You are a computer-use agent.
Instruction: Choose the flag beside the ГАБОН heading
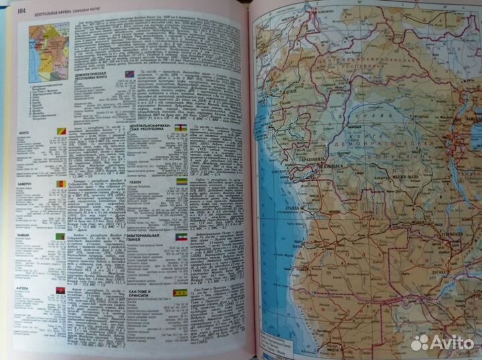(x=180, y=182)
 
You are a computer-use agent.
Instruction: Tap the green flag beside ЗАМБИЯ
(x=60, y=237)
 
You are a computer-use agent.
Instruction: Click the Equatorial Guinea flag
(x=181, y=238)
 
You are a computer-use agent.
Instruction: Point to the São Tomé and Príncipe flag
(x=180, y=292)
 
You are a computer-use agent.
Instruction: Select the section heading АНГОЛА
(x=35, y=290)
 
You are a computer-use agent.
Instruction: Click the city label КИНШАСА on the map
(x=331, y=162)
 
